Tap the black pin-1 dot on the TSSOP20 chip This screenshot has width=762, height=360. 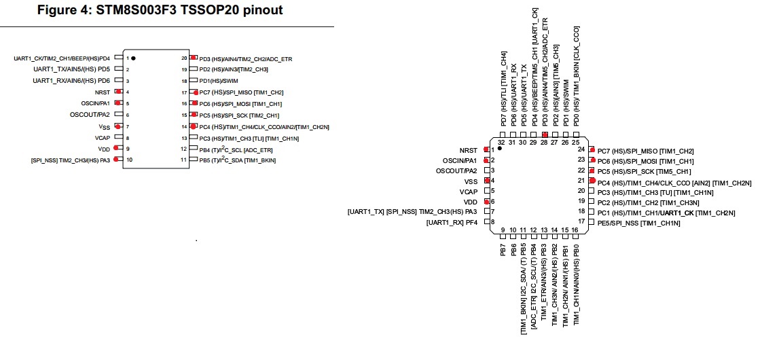133,58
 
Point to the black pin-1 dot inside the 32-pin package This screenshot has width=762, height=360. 499,147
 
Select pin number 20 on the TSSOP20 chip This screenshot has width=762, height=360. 183,58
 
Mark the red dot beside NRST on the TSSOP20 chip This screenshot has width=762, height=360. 118,91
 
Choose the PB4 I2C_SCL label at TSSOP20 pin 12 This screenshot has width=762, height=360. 236,149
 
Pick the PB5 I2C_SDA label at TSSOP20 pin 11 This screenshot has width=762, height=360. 237,160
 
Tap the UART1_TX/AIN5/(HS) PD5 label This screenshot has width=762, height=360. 71,69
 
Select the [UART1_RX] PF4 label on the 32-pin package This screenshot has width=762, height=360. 452,223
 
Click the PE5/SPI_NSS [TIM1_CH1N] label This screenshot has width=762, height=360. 638,223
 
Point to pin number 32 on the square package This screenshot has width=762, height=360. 502,141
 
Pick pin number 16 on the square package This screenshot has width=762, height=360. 575,230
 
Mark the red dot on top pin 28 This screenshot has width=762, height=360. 545,136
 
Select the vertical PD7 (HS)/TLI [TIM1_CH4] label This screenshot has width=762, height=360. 503,89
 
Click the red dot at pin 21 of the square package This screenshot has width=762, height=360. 592,181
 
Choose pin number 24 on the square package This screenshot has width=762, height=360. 581,149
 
